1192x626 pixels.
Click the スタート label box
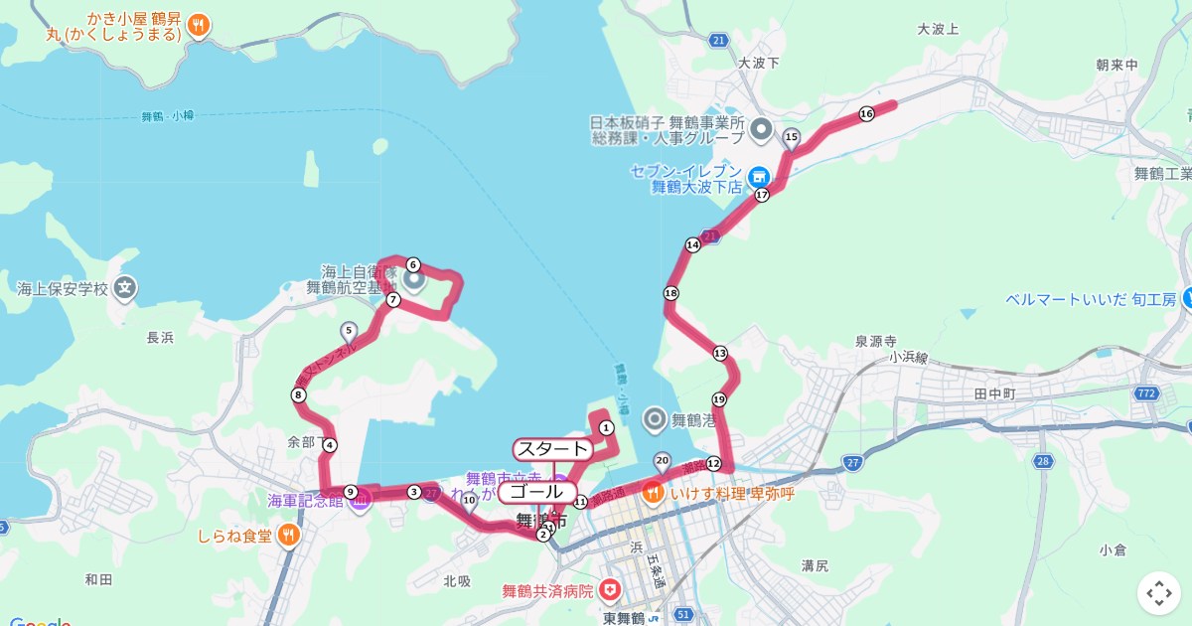tap(553, 448)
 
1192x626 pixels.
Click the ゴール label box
tap(536, 492)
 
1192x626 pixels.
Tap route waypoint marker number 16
tap(866, 114)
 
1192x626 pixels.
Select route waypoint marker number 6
tap(413, 265)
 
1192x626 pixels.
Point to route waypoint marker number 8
tap(299, 395)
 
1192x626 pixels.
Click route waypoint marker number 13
tap(719, 354)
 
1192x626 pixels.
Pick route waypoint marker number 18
tap(671, 293)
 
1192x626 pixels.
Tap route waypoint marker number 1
tap(606, 427)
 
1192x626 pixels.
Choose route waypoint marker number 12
tap(713, 463)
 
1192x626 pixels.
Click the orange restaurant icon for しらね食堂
tap(287, 536)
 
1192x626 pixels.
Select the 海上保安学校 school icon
tap(124, 289)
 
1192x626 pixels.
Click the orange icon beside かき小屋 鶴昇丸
tap(199, 26)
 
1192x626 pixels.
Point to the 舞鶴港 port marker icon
tap(655, 419)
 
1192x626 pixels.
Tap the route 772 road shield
tap(1147, 394)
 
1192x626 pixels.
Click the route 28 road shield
tap(1042, 461)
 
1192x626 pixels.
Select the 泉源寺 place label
tap(876, 340)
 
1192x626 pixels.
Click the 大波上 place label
tap(938, 29)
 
